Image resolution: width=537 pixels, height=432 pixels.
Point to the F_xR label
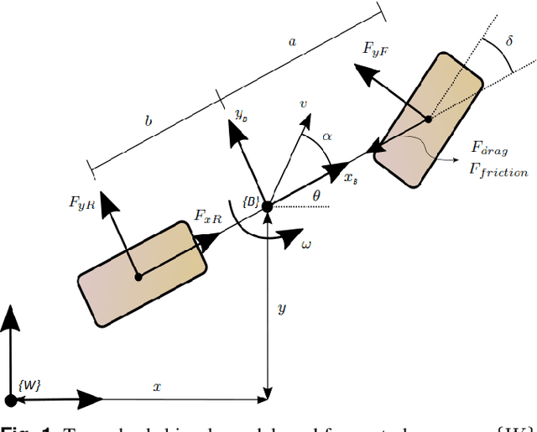pos(208,216)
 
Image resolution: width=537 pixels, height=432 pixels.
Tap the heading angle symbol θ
pos(315,195)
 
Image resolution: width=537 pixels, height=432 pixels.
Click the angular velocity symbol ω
pos(307,243)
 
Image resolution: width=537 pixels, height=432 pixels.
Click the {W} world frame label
pos(29,383)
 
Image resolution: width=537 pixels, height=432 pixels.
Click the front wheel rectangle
pos(428,120)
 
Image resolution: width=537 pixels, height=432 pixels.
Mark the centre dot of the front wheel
pos(427,119)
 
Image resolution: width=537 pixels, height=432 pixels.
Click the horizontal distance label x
pos(156,387)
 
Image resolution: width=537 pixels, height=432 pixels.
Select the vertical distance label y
pos(282,309)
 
